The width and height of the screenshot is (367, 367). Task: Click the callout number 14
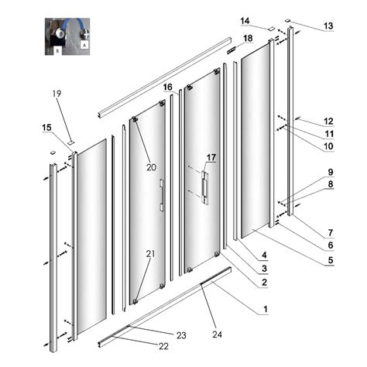click(245, 21)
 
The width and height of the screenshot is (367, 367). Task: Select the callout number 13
click(328, 26)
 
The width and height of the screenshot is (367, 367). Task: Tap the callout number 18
click(248, 39)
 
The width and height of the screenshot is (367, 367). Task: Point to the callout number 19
click(57, 94)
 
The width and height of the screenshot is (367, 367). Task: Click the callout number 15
click(47, 128)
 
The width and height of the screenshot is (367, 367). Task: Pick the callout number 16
click(168, 87)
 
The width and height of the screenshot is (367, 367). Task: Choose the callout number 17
click(211, 157)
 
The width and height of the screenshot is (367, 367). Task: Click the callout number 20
click(152, 167)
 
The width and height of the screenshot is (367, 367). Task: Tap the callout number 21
click(151, 254)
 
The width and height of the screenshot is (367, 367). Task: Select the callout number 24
click(217, 334)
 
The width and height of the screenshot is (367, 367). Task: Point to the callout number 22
click(163, 346)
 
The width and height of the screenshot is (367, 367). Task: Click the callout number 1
click(265, 309)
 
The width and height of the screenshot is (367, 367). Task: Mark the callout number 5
click(331, 260)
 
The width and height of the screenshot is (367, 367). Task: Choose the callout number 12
click(329, 122)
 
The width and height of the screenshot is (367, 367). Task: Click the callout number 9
click(331, 172)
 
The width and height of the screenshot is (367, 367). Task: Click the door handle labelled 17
click(205, 187)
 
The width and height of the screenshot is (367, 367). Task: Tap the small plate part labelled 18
click(232, 50)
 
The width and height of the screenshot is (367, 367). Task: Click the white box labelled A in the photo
click(85, 46)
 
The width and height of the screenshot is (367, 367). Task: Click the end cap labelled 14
click(271, 29)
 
